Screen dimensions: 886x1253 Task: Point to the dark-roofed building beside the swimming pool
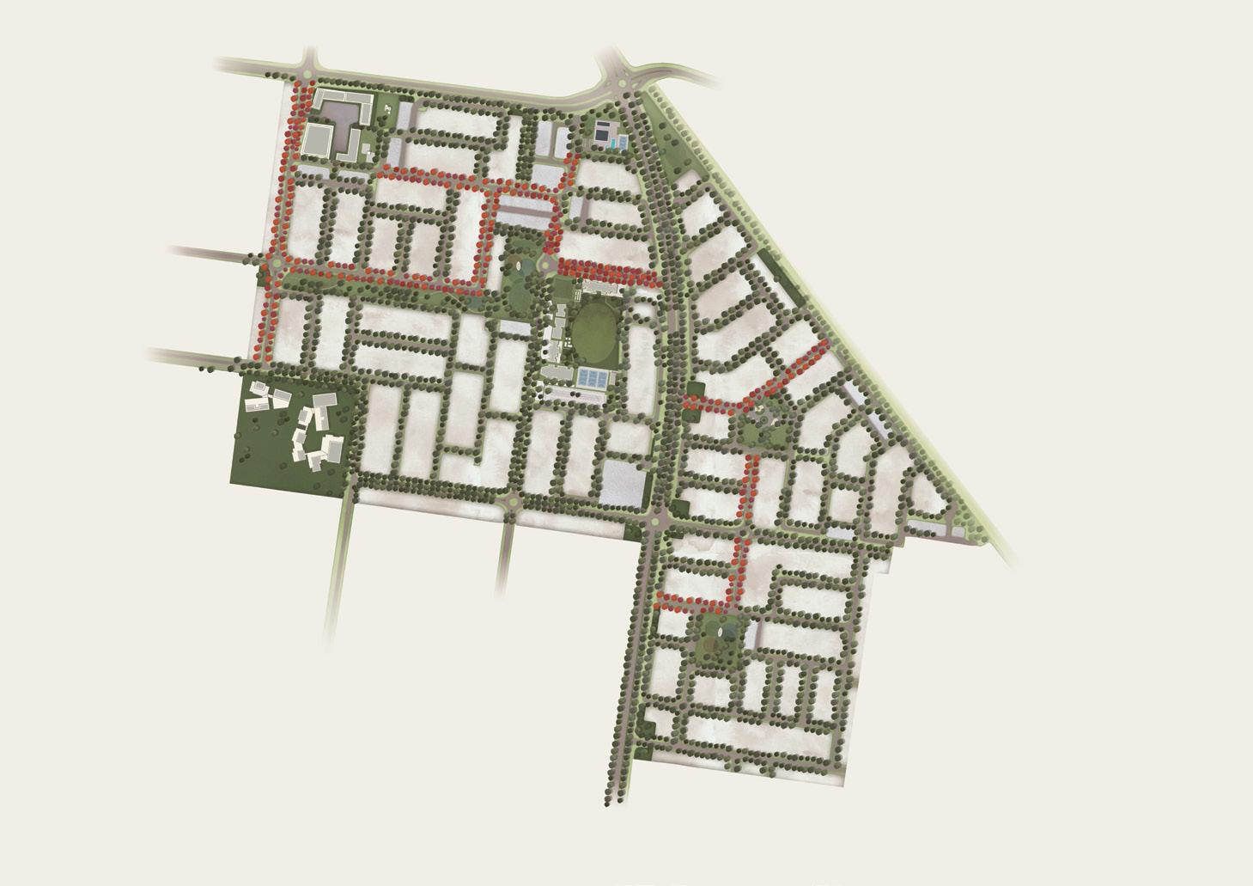pos(602,131)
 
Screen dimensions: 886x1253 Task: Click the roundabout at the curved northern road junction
pos(622,83)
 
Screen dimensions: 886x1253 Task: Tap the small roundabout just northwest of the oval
pos(547,262)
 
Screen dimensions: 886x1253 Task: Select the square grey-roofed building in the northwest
pos(319,138)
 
